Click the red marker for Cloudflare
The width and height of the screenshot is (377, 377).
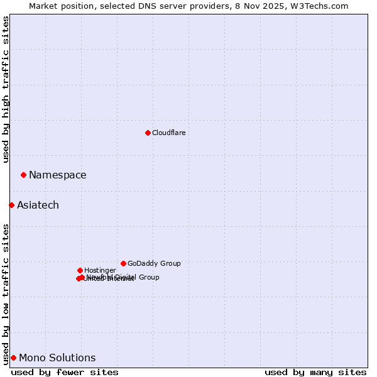click(x=148, y=133)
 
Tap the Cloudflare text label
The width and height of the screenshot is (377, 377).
click(x=168, y=133)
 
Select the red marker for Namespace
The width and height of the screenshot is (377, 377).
click(x=23, y=175)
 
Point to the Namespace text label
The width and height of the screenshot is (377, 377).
click(x=58, y=175)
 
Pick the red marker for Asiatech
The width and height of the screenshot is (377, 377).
click(x=11, y=205)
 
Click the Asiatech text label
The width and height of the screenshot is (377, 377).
click(x=38, y=205)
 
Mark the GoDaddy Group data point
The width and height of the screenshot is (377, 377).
click(x=123, y=263)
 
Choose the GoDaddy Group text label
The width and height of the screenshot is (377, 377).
click(x=154, y=263)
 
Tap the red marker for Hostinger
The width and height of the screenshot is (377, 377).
click(x=80, y=270)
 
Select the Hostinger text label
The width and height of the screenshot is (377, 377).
click(x=100, y=270)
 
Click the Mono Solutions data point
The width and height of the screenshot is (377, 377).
click(x=13, y=358)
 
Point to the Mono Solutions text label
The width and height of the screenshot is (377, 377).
click(x=57, y=358)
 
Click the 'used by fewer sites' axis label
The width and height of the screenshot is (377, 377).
click(x=65, y=372)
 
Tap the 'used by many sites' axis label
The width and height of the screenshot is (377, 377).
click(x=315, y=372)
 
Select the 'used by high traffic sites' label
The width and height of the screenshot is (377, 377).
click(x=6, y=89)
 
